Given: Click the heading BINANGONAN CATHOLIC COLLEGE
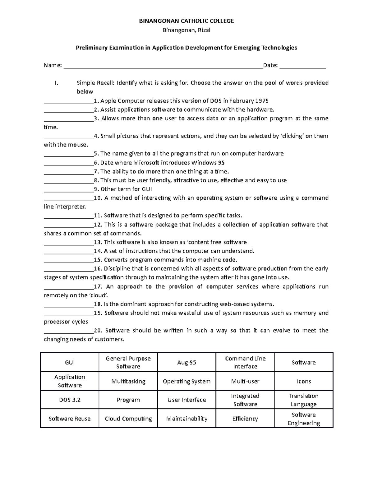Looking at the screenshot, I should coord(186,21).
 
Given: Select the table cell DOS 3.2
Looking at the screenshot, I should coord(70,400).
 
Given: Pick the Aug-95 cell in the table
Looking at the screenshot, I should coord(186,362).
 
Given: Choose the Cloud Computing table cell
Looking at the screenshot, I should coord(128,419).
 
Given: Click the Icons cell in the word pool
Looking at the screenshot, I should coord(303,381).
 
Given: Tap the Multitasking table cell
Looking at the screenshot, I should coord(128,381).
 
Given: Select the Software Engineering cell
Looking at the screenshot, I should coord(303,419).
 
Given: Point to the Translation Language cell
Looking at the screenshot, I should coord(303,400).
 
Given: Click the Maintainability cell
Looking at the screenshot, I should coord(186,419).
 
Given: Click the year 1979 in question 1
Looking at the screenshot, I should coord(262,101).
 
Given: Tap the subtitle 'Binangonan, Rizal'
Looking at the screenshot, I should coord(186,30).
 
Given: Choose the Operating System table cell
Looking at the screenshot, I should coord(186,381).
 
